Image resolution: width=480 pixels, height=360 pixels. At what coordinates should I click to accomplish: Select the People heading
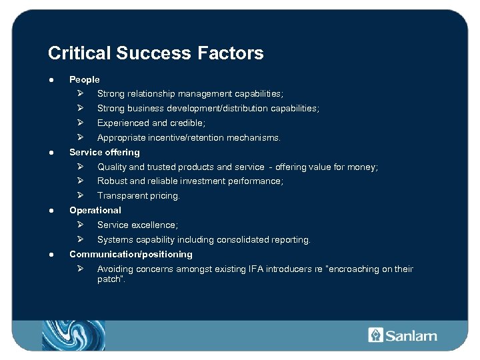point(85,79)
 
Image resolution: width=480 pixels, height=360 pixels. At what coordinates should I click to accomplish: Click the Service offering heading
point(105,152)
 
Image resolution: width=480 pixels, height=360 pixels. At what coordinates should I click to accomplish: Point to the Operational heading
point(95,210)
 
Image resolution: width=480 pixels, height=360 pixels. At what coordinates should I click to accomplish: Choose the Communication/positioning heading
point(131,254)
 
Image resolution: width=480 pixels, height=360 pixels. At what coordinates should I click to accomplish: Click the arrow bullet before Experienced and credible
point(79,123)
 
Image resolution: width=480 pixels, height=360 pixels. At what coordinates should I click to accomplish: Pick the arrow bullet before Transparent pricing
point(79,195)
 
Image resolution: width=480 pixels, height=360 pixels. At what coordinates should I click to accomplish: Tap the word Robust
point(111,181)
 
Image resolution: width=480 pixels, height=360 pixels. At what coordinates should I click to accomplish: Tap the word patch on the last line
point(109,279)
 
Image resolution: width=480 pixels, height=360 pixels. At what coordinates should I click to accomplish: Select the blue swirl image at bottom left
point(73,335)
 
